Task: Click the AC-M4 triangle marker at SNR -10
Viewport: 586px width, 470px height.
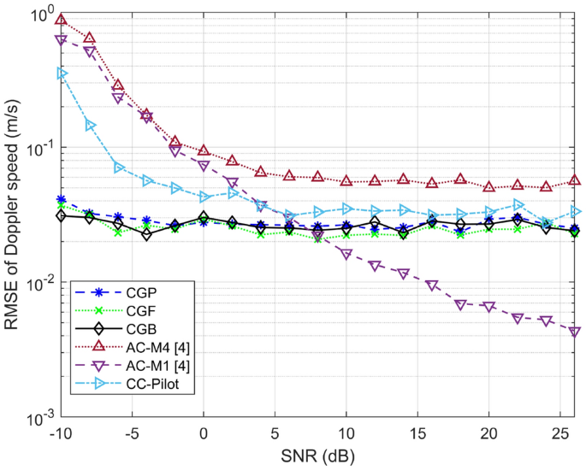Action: coord(61,19)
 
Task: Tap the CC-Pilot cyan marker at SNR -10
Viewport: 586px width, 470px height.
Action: coord(62,73)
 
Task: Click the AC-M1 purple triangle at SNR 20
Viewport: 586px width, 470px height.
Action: coord(489,307)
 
